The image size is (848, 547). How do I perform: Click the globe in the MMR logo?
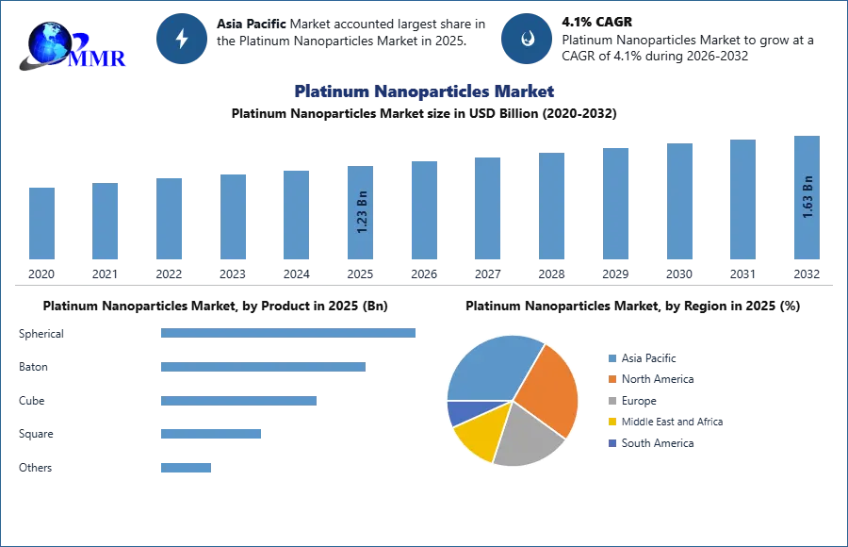(49, 42)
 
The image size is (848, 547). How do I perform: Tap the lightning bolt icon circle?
(182, 39)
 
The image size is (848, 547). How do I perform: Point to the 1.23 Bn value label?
(362, 215)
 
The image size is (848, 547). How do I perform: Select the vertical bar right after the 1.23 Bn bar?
(422, 211)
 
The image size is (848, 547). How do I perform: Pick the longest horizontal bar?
(289, 332)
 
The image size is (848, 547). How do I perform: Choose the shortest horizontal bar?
(185, 467)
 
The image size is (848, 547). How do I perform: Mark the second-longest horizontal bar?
(263, 369)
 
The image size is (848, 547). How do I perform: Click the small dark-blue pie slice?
(459, 411)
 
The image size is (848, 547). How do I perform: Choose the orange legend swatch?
(612, 379)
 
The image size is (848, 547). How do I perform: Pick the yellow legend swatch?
(612, 422)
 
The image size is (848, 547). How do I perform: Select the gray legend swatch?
(612, 401)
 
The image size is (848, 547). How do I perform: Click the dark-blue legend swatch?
(612, 443)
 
